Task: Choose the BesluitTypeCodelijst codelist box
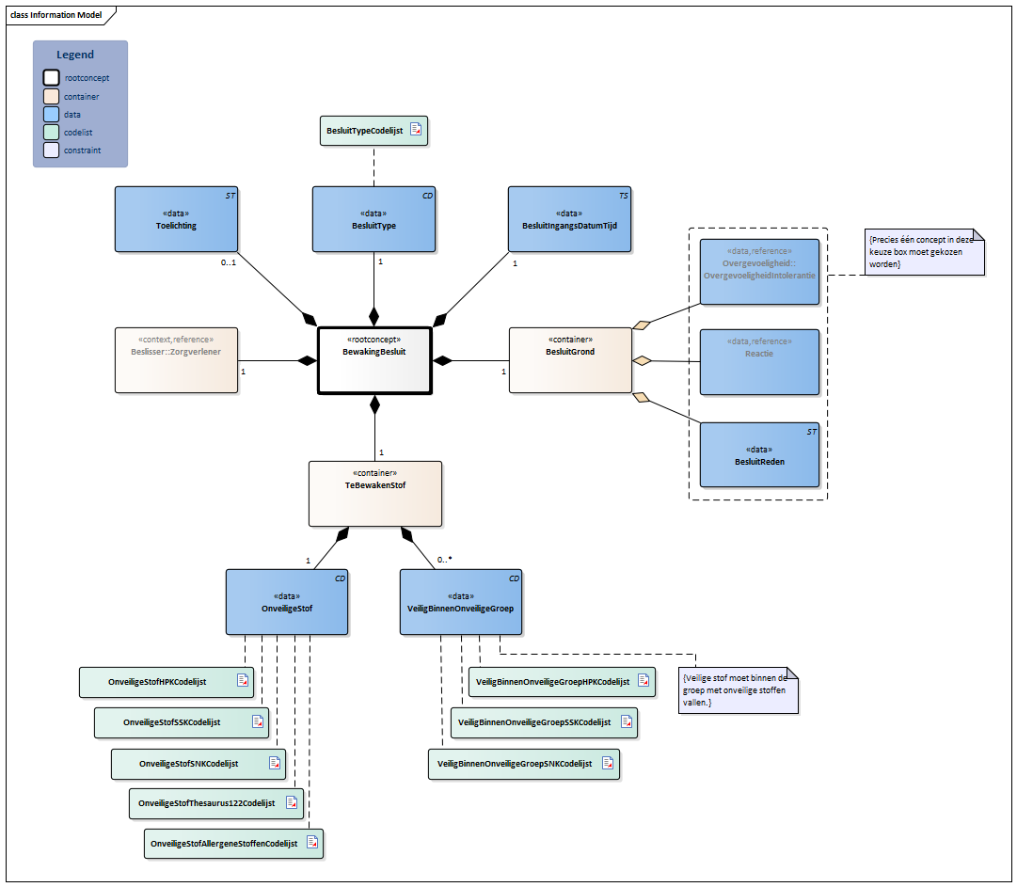coord(373,131)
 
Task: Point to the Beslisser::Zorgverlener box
coord(176,359)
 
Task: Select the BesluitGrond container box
coord(570,359)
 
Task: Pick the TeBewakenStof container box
coord(375,493)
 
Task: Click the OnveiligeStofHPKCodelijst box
coord(167,682)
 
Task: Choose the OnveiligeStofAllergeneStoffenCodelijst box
coord(233,844)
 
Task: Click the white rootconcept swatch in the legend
coord(52,78)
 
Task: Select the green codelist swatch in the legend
coord(52,132)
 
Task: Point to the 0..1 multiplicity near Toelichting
coord(228,262)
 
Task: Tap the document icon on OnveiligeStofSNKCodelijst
coord(275,763)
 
